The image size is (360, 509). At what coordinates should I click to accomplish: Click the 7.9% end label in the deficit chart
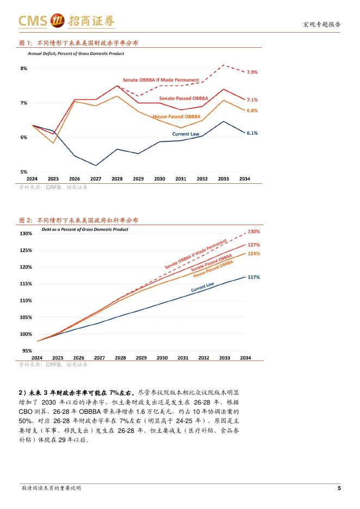pos(252,72)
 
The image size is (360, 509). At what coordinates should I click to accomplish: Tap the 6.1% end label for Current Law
pos(252,133)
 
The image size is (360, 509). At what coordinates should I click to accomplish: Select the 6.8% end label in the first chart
pos(252,110)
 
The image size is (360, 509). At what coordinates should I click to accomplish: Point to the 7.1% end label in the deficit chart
pos(252,100)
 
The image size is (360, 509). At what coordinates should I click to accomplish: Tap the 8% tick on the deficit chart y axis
pos(23,69)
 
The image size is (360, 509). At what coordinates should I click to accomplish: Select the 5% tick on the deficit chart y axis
pos(23,172)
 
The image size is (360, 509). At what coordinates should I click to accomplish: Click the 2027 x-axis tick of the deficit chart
pos(96,179)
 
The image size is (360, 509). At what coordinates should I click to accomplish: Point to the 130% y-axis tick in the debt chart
pos(26,234)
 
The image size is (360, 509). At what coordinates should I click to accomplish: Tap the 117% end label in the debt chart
pos(253,277)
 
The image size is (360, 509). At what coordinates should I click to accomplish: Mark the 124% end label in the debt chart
pos(253,254)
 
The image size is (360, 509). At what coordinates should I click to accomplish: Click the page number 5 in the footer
pos(339,488)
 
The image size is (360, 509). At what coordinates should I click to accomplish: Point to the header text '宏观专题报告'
pos(321,24)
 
